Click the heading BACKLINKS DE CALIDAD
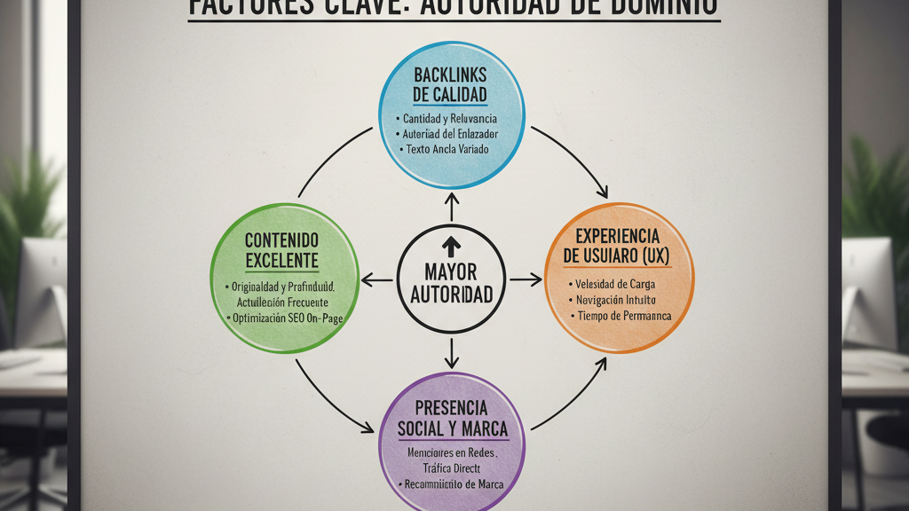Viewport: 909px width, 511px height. click(x=450, y=84)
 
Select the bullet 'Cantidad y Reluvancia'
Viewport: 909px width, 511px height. click(x=449, y=119)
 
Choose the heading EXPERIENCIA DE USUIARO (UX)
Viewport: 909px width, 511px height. click(x=617, y=246)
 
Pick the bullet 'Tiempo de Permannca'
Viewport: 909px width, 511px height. click(x=624, y=316)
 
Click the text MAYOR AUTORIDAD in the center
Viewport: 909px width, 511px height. click(x=451, y=283)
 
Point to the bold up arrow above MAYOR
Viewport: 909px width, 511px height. click(x=451, y=244)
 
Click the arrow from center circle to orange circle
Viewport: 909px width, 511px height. click(x=526, y=280)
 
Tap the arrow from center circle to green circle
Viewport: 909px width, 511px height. click(x=377, y=280)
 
